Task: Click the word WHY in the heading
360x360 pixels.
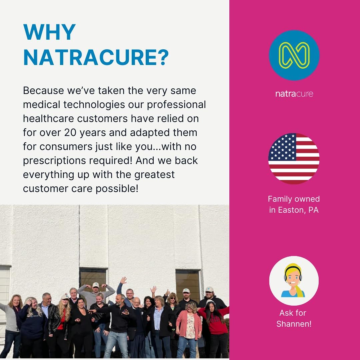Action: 49,32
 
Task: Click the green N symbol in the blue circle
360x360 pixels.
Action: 294,55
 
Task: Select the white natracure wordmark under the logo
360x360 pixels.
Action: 294,94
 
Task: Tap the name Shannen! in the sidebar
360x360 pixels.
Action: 294,324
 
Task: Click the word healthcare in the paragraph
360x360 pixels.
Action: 48,119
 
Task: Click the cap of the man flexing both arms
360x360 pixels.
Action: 96,285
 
